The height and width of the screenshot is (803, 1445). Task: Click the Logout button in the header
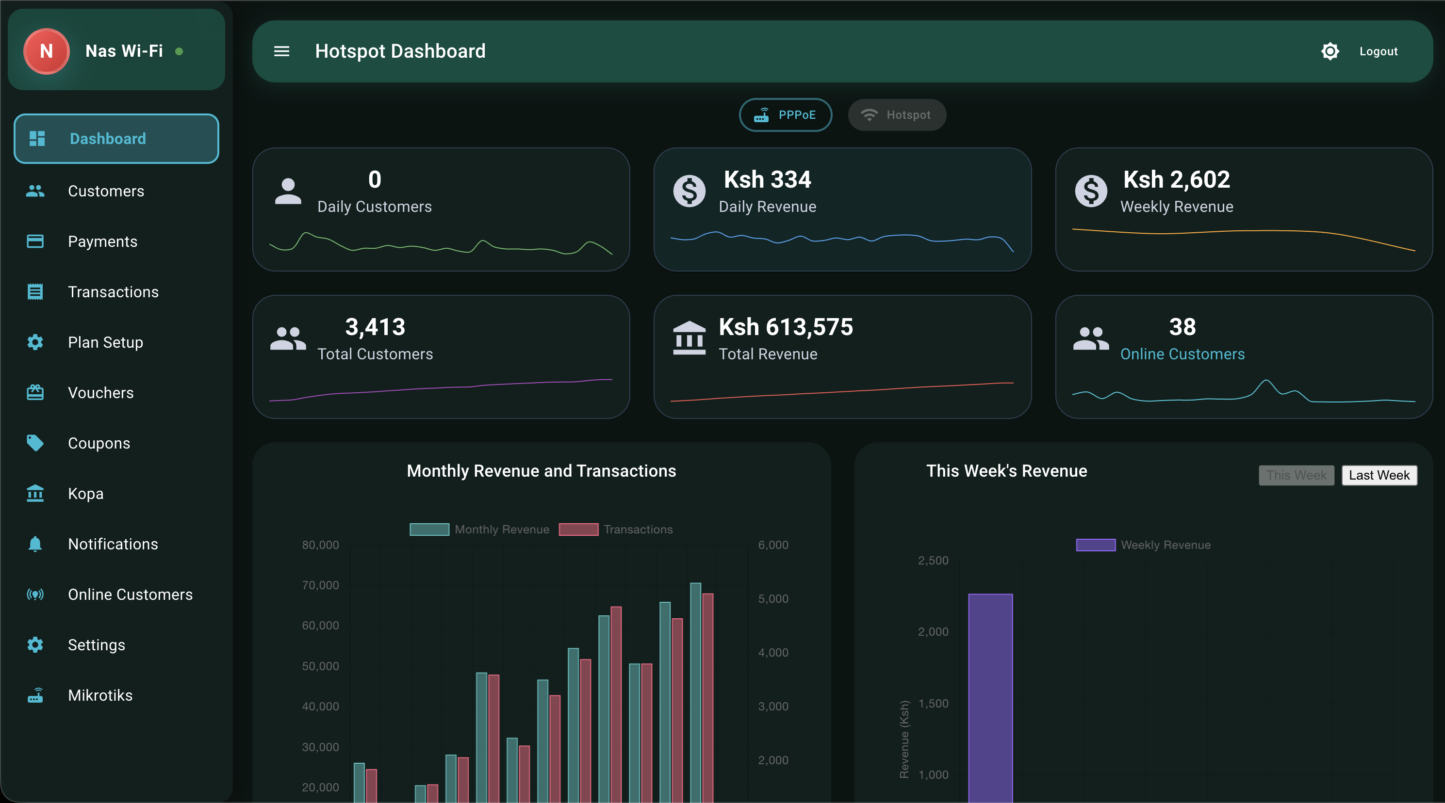[x=1378, y=51]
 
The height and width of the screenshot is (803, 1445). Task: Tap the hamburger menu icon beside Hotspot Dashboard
[x=281, y=51]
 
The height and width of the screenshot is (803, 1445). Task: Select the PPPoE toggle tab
[x=785, y=115]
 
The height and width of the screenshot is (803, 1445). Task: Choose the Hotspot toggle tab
[x=896, y=115]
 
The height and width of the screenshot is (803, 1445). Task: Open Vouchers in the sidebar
[x=100, y=392]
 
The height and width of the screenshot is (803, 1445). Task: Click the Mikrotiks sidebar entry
[x=100, y=695]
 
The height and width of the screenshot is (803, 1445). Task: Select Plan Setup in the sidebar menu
[x=105, y=342]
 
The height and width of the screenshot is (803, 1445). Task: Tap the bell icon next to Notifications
[x=35, y=544]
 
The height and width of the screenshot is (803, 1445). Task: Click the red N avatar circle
[x=47, y=51]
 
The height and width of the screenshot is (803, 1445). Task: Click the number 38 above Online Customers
[x=1182, y=327]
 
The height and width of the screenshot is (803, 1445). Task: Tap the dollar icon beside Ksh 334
[x=689, y=191]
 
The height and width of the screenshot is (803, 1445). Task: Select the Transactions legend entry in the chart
[x=615, y=530]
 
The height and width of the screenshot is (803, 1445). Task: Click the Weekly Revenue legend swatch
[x=1095, y=545]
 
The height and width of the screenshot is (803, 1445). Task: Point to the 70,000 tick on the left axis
[x=320, y=585]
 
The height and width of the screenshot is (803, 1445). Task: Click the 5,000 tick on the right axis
[x=773, y=598]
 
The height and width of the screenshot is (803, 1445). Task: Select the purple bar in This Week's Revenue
[x=990, y=695]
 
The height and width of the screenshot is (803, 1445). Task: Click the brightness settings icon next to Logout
[x=1330, y=51]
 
